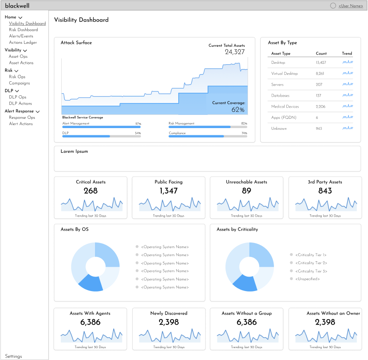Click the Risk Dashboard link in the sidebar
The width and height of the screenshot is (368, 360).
pyautogui.click(x=23, y=30)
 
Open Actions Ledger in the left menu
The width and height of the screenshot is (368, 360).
pyautogui.click(x=23, y=43)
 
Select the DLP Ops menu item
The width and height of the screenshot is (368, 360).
pyautogui.click(x=17, y=97)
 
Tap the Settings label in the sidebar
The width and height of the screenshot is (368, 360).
pyautogui.click(x=13, y=356)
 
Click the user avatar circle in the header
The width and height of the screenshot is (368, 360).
pyautogui.click(x=333, y=6)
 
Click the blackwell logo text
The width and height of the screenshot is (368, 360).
pyautogui.click(x=17, y=6)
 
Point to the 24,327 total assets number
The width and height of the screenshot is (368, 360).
pyautogui.click(x=235, y=52)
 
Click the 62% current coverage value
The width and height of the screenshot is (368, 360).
pyautogui.click(x=238, y=110)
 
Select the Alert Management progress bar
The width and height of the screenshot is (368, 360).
pyautogui.click(x=101, y=127)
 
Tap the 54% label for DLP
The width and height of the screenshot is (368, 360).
pyautogui.click(x=138, y=133)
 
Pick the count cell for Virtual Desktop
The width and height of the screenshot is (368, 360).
pyautogui.click(x=320, y=74)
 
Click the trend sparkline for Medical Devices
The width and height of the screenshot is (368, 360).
pyautogui.click(x=348, y=106)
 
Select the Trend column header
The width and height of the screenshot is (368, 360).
pyautogui.click(x=347, y=54)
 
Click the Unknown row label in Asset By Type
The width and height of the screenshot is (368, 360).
pyautogui.click(x=279, y=129)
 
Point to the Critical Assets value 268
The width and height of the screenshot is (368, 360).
pyautogui.click(x=91, y=191)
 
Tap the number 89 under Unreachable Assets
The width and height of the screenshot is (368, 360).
pyautogui.click(x=246, y=191)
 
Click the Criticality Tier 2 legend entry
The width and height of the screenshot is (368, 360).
pyautogui.click(x=308, y=263)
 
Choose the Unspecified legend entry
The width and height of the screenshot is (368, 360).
pyautogui.click(x=305, y=279)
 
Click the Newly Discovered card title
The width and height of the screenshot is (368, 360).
pyautogui.click(x=169, y=313)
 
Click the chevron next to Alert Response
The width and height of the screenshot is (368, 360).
pyautogui.click(x=37, y=111)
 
